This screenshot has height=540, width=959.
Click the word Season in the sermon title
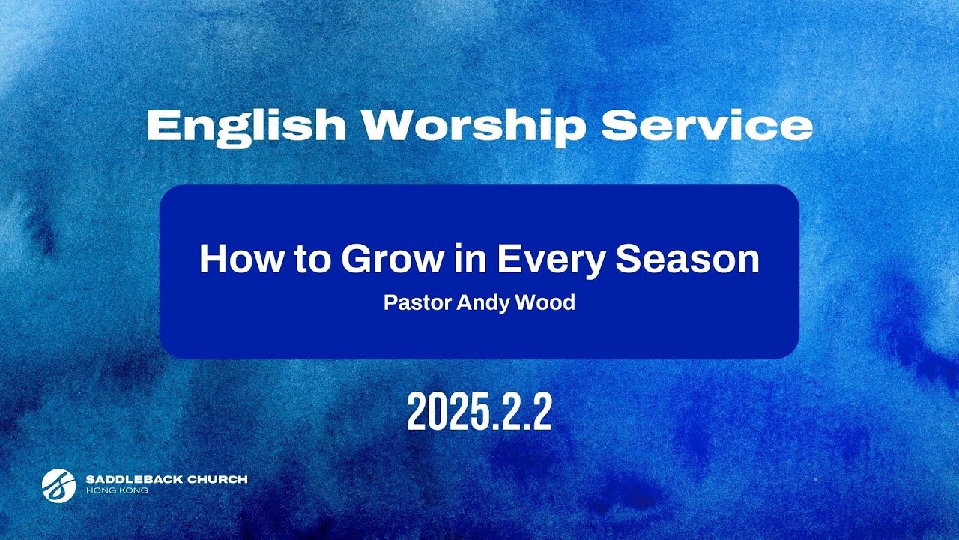click(688, 259)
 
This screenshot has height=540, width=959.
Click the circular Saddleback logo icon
click(59, 484)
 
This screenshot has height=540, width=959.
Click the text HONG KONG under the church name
click(117, 490)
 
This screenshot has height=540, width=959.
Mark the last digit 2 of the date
click(539, 412)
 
